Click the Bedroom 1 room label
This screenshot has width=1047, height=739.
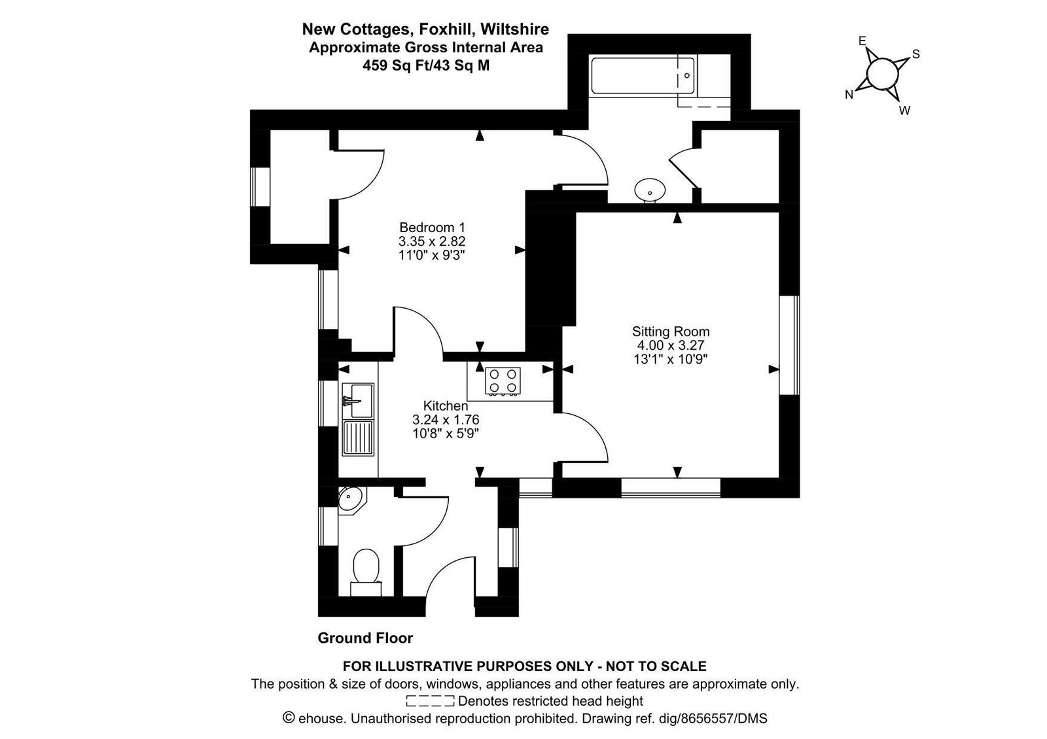[433, 228]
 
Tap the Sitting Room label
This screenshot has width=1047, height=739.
[671, 332]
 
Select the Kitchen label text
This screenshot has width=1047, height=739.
[446, 406]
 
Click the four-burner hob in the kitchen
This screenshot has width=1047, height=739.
[503, 381]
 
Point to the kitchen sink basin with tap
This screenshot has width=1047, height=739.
[358, 400]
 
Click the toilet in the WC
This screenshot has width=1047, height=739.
[366, 572]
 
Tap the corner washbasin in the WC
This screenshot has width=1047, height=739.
[351, 500]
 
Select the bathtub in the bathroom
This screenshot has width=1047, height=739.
[643, 76]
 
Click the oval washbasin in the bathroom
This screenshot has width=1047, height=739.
[650, 190]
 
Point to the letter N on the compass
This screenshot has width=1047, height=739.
[849, 95]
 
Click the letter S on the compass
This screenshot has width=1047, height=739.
[916, 54]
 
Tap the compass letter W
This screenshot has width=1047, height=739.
[905, 111]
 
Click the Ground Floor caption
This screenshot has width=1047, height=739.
[366, 638]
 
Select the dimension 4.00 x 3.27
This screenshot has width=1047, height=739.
[671, 346]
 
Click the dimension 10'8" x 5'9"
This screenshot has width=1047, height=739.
[446, 434]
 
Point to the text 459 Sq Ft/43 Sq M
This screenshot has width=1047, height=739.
[426, 65]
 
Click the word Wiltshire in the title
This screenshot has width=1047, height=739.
[514, 29]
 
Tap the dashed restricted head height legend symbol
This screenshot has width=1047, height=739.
[431, 701]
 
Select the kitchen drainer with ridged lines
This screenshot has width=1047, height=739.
[358, 438]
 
